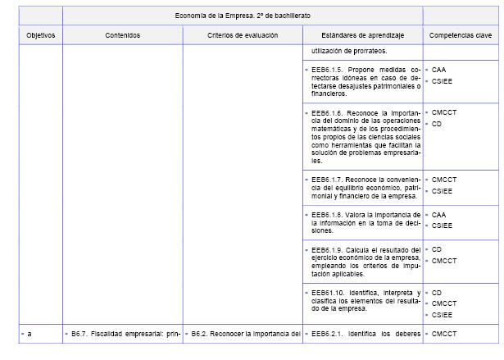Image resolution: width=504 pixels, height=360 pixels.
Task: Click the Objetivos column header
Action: pyautogui.click(x=40, y=35)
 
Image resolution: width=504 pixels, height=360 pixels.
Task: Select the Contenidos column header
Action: pyautogui.click(x=122, y=35)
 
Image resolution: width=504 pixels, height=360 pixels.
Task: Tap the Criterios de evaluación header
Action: pyautogui.click(x=242, y=35)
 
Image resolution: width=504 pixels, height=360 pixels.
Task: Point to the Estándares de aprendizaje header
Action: pyautogui.click(x=361, y=35)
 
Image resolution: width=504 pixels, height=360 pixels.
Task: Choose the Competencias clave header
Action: pyautogui.click(x=461, y=35)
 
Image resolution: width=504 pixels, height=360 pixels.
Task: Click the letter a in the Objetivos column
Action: pyautogui.click(x=30, y=333)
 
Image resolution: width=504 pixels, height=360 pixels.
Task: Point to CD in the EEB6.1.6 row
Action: pyautogui.click(x=437, y=124)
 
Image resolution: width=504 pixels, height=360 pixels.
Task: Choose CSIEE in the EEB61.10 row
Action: pyautogui.click(x=442, y=315)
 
